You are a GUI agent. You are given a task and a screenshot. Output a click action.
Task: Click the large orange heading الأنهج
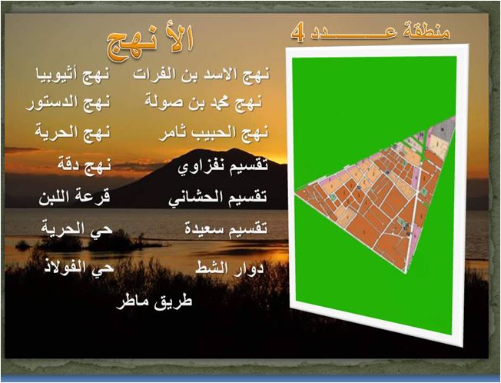(150, 44)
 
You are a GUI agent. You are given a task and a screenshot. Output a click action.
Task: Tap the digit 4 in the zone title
(298, 32)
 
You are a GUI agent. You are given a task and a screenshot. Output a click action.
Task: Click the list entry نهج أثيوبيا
(72, 74)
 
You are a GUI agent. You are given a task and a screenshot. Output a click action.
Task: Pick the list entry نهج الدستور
(68, 103)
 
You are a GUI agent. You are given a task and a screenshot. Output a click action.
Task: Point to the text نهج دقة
(85, 165)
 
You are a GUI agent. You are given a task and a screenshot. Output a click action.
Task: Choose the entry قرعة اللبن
(75, 196)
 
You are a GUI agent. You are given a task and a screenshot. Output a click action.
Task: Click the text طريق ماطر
(154, 301)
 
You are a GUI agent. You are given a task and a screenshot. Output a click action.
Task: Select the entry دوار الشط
(230, 267)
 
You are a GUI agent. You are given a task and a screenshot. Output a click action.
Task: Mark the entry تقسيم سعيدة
(226, 228)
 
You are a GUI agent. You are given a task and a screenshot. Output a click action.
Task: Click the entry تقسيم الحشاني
(218, 197)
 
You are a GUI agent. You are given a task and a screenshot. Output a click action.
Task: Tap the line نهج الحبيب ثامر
(214, 134)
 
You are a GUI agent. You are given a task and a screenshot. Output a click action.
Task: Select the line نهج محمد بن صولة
(204, 102)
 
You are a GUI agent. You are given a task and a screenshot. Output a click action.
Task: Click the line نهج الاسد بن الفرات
(201, 74)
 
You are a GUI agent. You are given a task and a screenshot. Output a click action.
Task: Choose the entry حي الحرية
(77, 229)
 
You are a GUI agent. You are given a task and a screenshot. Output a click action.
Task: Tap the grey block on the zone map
(443, 128)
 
